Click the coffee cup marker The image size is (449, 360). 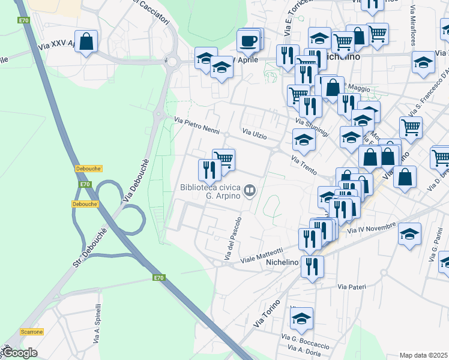(248, 41)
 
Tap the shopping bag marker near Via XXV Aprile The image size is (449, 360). (86, 41)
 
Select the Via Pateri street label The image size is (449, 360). (351, 287)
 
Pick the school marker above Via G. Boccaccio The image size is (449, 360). (302, 318)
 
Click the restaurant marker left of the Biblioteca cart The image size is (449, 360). (209, 169)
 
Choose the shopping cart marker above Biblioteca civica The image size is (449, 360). (223, 159)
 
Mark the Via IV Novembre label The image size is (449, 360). (372, 227)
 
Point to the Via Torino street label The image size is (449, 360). (268, 313)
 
